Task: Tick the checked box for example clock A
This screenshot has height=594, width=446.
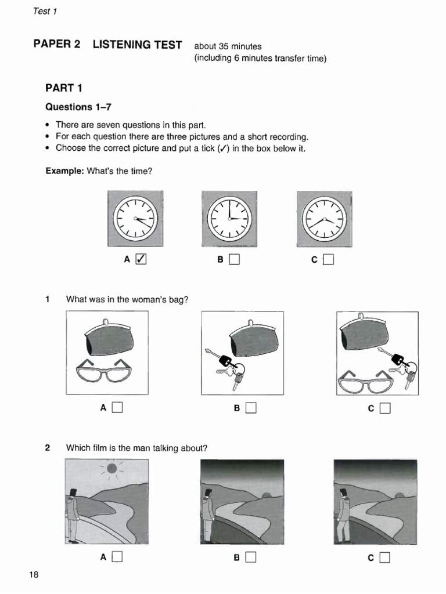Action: pyautogui.click(x=141, y=260)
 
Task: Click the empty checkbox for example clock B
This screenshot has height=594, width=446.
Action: pyautogui.click(x=234, y=260)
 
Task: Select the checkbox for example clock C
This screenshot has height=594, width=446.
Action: pyautogui.click(x=329, y=260)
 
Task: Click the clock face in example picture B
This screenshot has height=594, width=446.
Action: pyautogui.click(x=229, y=218)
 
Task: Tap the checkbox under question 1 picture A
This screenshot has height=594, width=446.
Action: pyautogui.click(x=117, y=408)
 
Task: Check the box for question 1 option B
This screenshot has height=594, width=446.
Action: pyautogui.click(x=251, y=408)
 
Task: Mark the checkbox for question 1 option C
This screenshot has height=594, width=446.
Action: pyautogui.click(x=385, y=408)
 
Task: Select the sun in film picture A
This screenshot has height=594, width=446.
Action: pyautogui.click(x=112, y=468)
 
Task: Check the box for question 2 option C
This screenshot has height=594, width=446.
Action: pyautogui.click(x=385, y=557)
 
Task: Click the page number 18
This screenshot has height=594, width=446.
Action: pyautogui.click(x=34, y=575)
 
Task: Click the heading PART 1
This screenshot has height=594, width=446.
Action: pyautogui.click(x=64, y=88)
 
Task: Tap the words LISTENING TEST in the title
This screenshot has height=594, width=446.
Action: pyautogui.click(x=137, y=45)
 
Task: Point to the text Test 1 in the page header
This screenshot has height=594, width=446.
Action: pyautogui.click(x=45, y=11)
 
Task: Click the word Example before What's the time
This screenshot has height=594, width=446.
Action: pyautogui.click(x=64, y=171)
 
